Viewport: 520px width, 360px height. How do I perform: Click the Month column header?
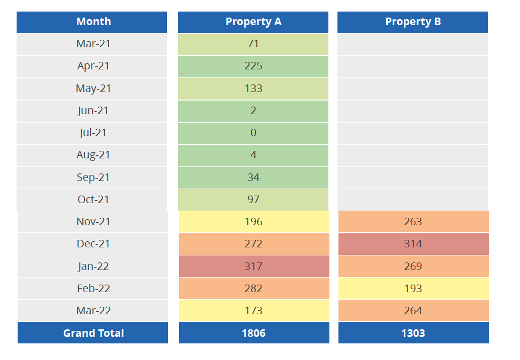coord(93,22)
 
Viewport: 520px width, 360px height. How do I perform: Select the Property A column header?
coord(253,22)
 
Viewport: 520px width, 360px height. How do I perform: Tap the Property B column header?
coord(413,22)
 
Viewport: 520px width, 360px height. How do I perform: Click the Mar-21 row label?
coord(93,44)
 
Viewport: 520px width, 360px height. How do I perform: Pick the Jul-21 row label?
coord(93,133)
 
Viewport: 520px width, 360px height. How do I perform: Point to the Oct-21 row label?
coord(93,200)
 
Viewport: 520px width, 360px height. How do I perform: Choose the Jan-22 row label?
coord(93,266)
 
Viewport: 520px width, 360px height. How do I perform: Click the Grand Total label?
coord(93,333)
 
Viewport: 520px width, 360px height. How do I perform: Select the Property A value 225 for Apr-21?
coord(253,66)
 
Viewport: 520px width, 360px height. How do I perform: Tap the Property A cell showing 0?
coord(253,133)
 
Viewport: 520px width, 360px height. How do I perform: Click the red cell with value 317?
coord(253,266)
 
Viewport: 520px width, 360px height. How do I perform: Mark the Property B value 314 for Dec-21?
coord(413,244)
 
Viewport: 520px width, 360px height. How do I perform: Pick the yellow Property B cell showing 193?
coord(413,289)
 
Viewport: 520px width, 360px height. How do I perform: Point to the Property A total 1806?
coord(253,333)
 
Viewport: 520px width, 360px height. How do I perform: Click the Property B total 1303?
coord(413,333)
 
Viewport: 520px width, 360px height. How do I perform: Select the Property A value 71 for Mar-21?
coord(253,44)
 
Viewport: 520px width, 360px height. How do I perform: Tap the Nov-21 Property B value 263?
coord(413,222)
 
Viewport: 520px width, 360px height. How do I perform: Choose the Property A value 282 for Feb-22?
coord(253,289)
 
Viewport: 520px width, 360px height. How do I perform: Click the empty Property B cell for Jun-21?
coord(412,111)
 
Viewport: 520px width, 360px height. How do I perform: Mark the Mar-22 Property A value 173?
coord(253,311)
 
